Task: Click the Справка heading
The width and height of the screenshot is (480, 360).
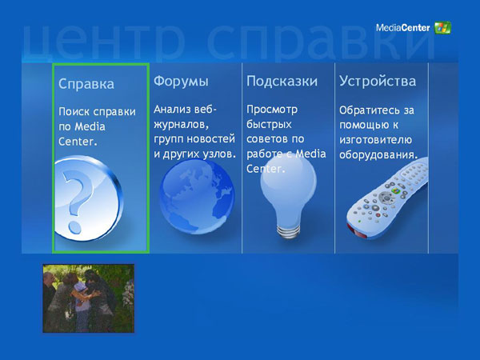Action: point(86,84)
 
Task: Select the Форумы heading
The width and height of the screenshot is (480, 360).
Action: point(181,82)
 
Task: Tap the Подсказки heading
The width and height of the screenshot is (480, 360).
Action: point(282,82)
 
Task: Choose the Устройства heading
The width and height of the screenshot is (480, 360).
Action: point(378,82)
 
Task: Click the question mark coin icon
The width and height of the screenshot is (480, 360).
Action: point(89,198)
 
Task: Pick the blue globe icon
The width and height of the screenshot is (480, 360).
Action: point(197,197)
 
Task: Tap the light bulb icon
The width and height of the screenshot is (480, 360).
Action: point(288,196)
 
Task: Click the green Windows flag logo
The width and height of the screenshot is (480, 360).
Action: point(442,27)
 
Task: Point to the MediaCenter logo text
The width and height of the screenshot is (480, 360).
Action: point(403,28)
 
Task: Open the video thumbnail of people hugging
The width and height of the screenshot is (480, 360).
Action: point(89,298)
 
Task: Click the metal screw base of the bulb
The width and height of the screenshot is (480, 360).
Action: point(288,232)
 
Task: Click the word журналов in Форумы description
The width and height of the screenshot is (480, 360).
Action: point(181,125)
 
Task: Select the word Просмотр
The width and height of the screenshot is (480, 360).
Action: point(272,110)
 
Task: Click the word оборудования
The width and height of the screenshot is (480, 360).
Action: point(378,154)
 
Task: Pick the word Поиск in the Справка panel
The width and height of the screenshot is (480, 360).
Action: point(74,112)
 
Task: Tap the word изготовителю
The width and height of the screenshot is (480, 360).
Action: point(376,140)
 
